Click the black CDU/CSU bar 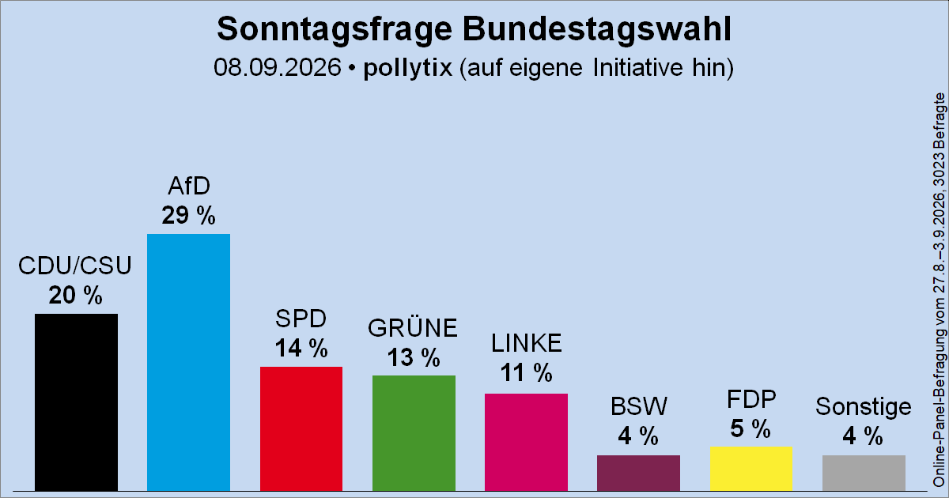[x=76, y=402]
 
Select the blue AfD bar [x=188, y=363]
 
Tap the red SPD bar [x=301, y=429]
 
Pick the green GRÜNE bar [x=414, y=433]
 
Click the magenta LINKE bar [x=526, y=443]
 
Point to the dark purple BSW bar [x=638, y=473]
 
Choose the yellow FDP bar [x=751, y=469]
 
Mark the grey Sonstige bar [x=864, y=473]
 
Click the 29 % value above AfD [x=188, y=215]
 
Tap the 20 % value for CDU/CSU [x=75, y=295]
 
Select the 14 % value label [x=301, y=348]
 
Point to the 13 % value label [x=414, y=357]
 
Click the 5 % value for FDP [x=751, y=428]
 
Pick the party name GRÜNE [x=413, y=328]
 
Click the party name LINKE [x=526, y=343]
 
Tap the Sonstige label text [x=864, y=407]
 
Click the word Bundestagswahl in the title [x=597, y=29]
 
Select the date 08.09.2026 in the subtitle [x=278, y=67]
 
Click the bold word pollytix [x=407, y=68]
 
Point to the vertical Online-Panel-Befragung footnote [x=940, y=290]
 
